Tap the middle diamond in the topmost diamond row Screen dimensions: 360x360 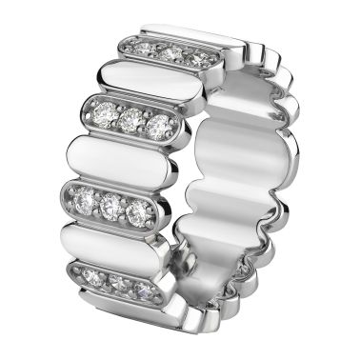tap(171, 53)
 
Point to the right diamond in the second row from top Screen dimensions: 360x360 tap(159, 126)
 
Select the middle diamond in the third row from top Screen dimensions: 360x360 tap(110, 204)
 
